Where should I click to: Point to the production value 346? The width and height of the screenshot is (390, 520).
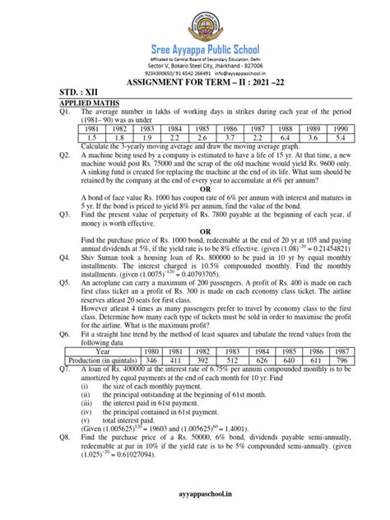point(173,359)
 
